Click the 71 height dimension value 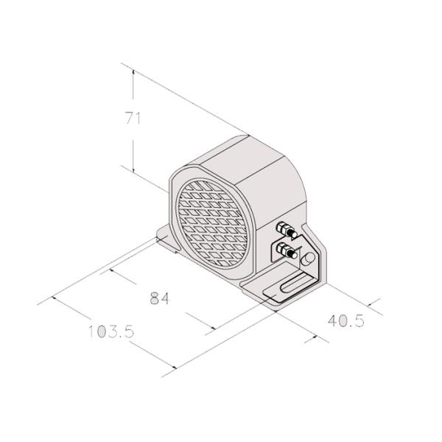tap(133, 118)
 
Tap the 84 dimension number tap(160, 298)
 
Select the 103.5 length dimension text tap(111, 331)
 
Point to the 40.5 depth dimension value tap(346, 320)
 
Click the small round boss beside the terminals tap(307, 259)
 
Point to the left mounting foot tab tap(166, 239)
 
